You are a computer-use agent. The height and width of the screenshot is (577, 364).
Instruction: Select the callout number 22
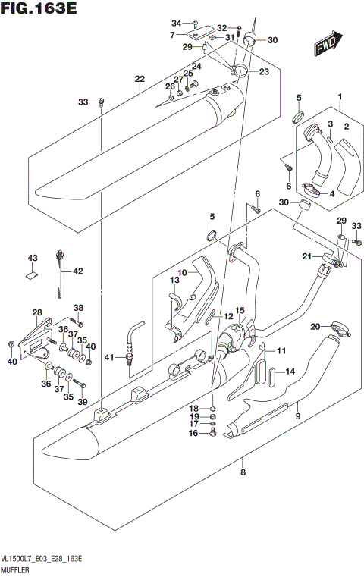click(139, 79)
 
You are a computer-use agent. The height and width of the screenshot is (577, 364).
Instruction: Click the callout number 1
click(340, 96)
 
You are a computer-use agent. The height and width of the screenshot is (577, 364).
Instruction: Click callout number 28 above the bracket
click(36, 312)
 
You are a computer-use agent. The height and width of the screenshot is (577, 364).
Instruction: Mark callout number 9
click(298, 416)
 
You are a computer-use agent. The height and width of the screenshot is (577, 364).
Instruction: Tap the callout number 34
click(177, 23)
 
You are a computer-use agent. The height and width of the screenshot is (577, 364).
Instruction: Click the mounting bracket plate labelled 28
click(36, 338)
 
